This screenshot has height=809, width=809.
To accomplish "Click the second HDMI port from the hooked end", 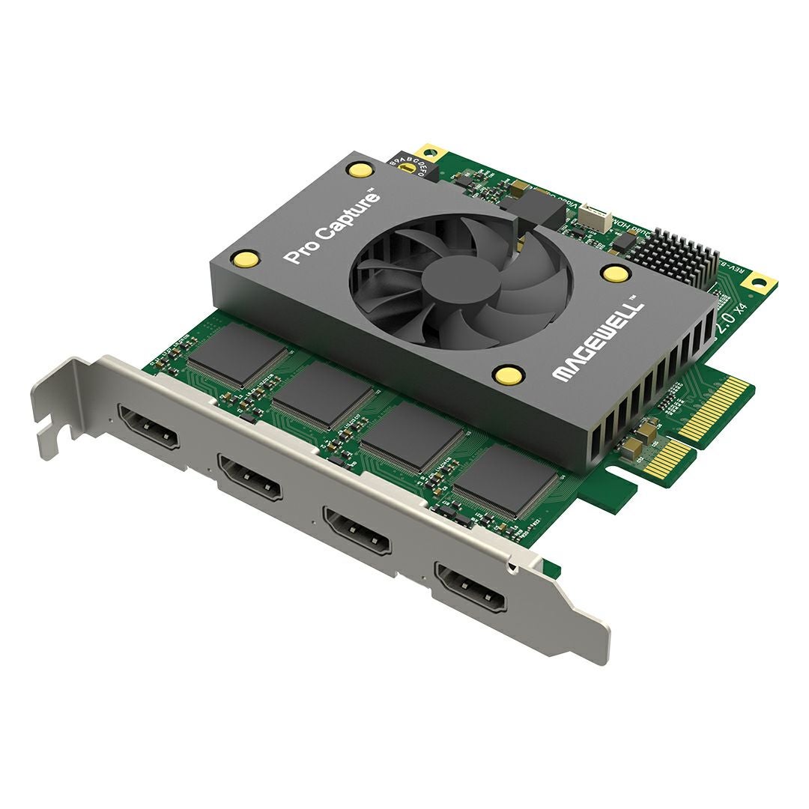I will (x=250, y=479).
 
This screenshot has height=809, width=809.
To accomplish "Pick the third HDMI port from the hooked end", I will (x=356, y=530).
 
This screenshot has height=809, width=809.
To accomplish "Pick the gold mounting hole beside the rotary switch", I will (x=430, y=150).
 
